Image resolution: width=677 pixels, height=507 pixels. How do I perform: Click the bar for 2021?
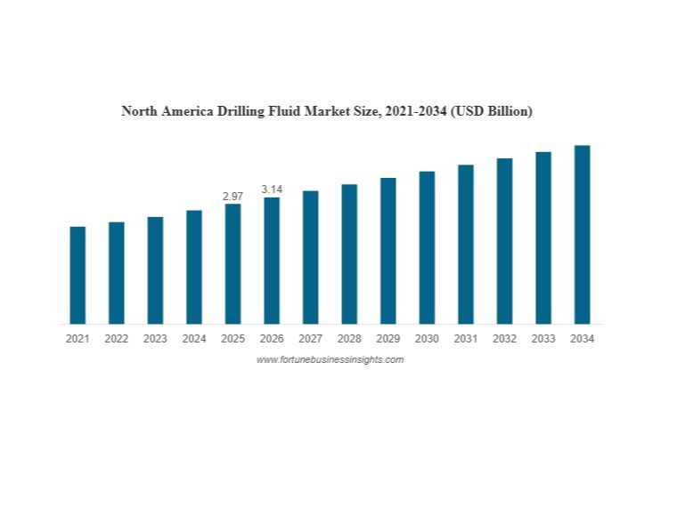coord(77,275)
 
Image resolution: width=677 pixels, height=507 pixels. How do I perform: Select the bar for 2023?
coord(155,270)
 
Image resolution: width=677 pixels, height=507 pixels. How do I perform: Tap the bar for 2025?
coord(232,264)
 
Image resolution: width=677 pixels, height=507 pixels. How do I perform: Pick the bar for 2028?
coord(349,254)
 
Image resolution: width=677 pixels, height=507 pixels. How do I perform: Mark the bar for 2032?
coord(504,241)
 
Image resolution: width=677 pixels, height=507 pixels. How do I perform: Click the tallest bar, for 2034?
coord(582,235)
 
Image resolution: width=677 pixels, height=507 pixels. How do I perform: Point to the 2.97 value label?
coord(232,196)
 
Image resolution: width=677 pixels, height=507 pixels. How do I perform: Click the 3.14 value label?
coord(272,189)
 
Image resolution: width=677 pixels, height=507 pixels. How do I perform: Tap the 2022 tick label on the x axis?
coord(116,339)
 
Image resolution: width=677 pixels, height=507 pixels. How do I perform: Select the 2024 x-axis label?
coord(193,339)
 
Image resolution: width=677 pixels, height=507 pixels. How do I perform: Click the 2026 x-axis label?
coord(272,339)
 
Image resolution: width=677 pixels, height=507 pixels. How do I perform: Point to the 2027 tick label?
coord(310,339)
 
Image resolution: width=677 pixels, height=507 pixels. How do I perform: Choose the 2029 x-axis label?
coord(387,339)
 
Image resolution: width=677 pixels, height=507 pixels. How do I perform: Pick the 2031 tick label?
coord(465,339)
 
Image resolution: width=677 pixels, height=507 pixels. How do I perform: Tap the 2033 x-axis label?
coord(543,339)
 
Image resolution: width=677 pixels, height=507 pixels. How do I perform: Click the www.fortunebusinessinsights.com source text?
coord(330,359)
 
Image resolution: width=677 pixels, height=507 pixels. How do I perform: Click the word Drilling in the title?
coord(237,112)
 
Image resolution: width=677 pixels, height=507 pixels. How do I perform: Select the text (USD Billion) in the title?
coord(492,112)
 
